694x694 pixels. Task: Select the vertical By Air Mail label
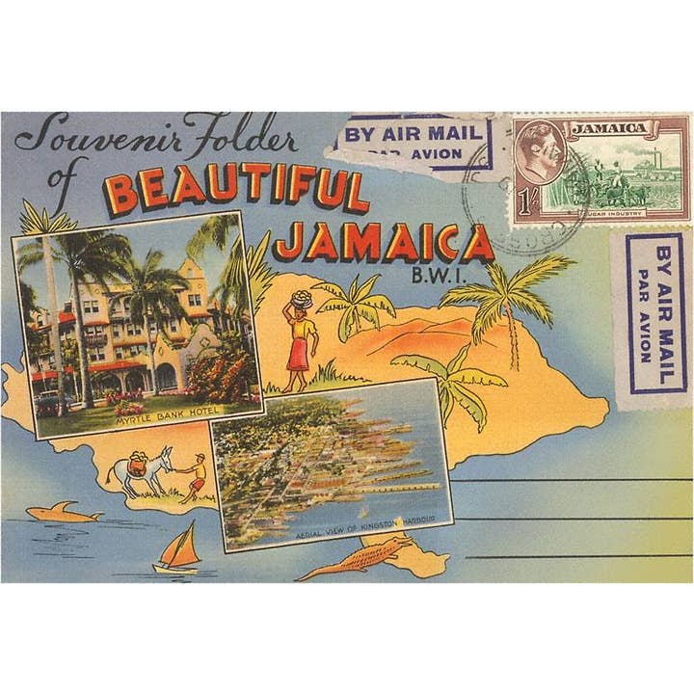(655, 318)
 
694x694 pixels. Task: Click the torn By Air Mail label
(410, 143)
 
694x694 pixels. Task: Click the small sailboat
(179, 551)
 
